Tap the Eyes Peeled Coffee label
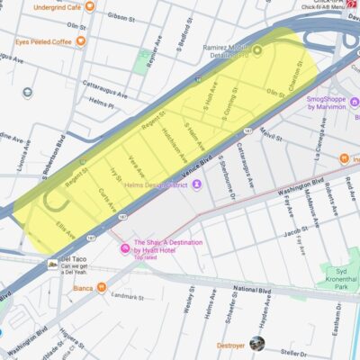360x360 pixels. [42, 41]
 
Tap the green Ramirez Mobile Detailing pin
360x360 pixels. [256, 49]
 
